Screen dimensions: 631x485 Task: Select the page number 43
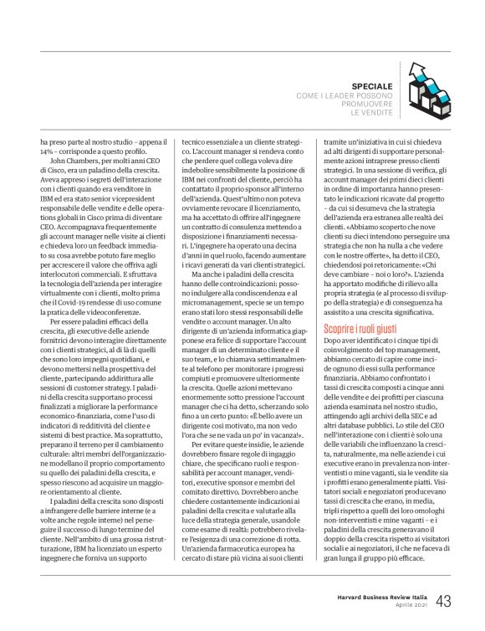[443, 601]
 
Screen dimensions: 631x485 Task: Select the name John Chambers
[71, 162]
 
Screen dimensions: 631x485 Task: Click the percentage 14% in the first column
[47, 153]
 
